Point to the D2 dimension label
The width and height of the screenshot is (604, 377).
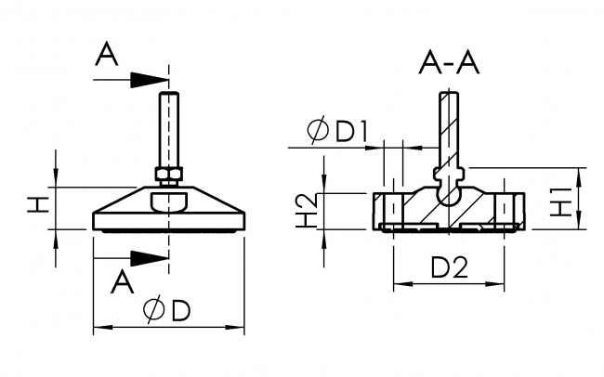[x=450, y=268]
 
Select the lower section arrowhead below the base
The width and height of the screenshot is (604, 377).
[x=149, y=256]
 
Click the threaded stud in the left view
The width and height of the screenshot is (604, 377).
[x=168, y=126]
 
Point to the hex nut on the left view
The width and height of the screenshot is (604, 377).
[x=168, y=173]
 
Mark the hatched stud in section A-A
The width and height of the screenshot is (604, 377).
[x=448, y=125]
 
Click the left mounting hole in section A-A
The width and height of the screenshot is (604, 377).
[x=389, y=207]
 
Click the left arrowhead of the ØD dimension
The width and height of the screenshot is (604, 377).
[x=100, y=327]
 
